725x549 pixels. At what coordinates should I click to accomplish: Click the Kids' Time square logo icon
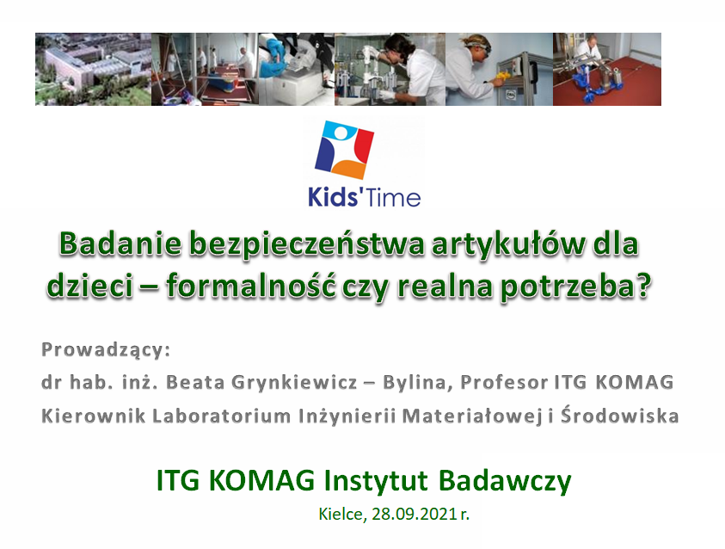[x=344, y=150]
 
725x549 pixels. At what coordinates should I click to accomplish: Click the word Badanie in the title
[x=120, y=244]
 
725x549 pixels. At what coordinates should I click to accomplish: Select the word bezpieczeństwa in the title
[x=306, y=244]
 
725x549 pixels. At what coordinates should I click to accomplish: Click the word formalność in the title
[x=250, y=286]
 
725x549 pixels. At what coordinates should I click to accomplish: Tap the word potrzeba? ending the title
[x=576, y=287]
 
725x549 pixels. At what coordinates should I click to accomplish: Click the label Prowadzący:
[x=106, y=350]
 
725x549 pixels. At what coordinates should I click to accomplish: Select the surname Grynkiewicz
[x=293, y=383]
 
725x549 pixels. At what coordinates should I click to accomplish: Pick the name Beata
[x=195, y=383]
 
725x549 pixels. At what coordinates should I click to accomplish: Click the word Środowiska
[x=619, y=415]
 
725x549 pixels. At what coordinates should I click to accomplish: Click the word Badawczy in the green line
[x=505, y=482]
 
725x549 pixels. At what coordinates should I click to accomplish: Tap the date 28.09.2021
[x=415, y=514]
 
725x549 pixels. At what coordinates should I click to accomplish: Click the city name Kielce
[x=342, y=515]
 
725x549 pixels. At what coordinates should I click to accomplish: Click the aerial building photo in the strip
[x=94, y=69]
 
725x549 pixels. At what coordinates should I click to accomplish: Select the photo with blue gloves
[x=297, y=69]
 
